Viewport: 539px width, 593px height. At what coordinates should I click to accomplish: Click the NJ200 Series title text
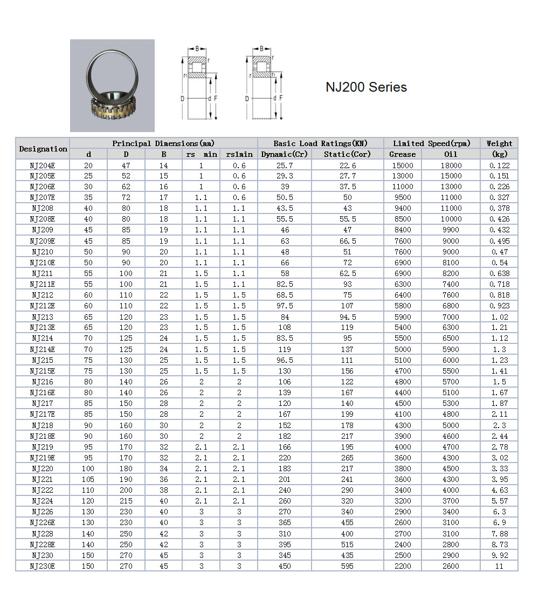coord(366,87)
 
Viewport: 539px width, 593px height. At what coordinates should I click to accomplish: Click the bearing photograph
coord(112,86)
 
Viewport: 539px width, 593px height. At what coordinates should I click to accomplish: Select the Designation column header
coord(43,149)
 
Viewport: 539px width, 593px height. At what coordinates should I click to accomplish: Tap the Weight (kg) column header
coord(499,148)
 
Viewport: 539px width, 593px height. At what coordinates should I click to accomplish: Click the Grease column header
coord(403,154)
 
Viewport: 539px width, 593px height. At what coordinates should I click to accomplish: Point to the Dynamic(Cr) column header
coord(285,154)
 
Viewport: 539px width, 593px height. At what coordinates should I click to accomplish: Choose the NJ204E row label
coord(43,166)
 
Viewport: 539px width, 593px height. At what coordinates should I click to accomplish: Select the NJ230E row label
coord(43,566)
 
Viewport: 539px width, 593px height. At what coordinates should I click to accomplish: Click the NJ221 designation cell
coord(43,479)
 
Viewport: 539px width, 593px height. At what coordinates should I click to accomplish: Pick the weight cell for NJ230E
coord(499,566)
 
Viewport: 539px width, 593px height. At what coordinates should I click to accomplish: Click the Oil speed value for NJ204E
coord(451,166)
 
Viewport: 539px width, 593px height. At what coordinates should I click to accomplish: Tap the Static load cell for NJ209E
coord(348,241)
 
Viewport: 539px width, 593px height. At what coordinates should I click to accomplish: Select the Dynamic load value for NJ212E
coord(285,306)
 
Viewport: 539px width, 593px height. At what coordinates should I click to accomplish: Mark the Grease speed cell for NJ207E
coord(403,197)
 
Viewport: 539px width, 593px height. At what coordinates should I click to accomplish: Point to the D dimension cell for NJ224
coord(126,501)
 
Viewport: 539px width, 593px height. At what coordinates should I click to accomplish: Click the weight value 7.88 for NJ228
coord(499,534)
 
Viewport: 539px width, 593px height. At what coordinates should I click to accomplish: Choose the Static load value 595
coord(348,566)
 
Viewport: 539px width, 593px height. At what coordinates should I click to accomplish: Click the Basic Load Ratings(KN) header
coord(320,143)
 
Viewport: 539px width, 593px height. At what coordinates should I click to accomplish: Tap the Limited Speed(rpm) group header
coord(432,143)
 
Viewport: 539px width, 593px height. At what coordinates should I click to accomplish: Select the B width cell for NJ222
coord(164,490)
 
